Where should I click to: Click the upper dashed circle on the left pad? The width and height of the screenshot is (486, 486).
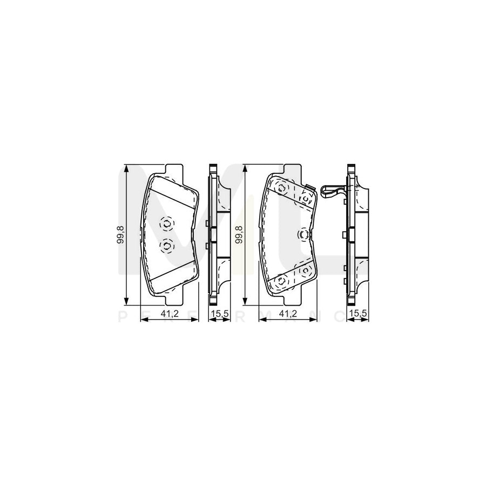click(x=167, y=223)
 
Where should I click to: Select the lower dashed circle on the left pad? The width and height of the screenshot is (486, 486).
click(x=167, y=246)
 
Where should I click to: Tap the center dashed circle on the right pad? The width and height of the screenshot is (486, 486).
click(x=303, y=234)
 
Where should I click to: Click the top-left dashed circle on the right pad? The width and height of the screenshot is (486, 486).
click(x=282, y=188)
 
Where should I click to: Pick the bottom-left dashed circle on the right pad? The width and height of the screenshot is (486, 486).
click(x=282, y=281)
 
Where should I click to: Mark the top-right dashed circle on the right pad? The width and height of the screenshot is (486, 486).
click(x=306, y=198)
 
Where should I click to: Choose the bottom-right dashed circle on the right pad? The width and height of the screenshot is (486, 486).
click(x=306, y=269)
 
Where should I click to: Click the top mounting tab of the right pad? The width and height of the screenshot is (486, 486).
click(x=292, y=168)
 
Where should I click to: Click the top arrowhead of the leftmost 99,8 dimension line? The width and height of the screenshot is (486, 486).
click(x=127, y=168)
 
